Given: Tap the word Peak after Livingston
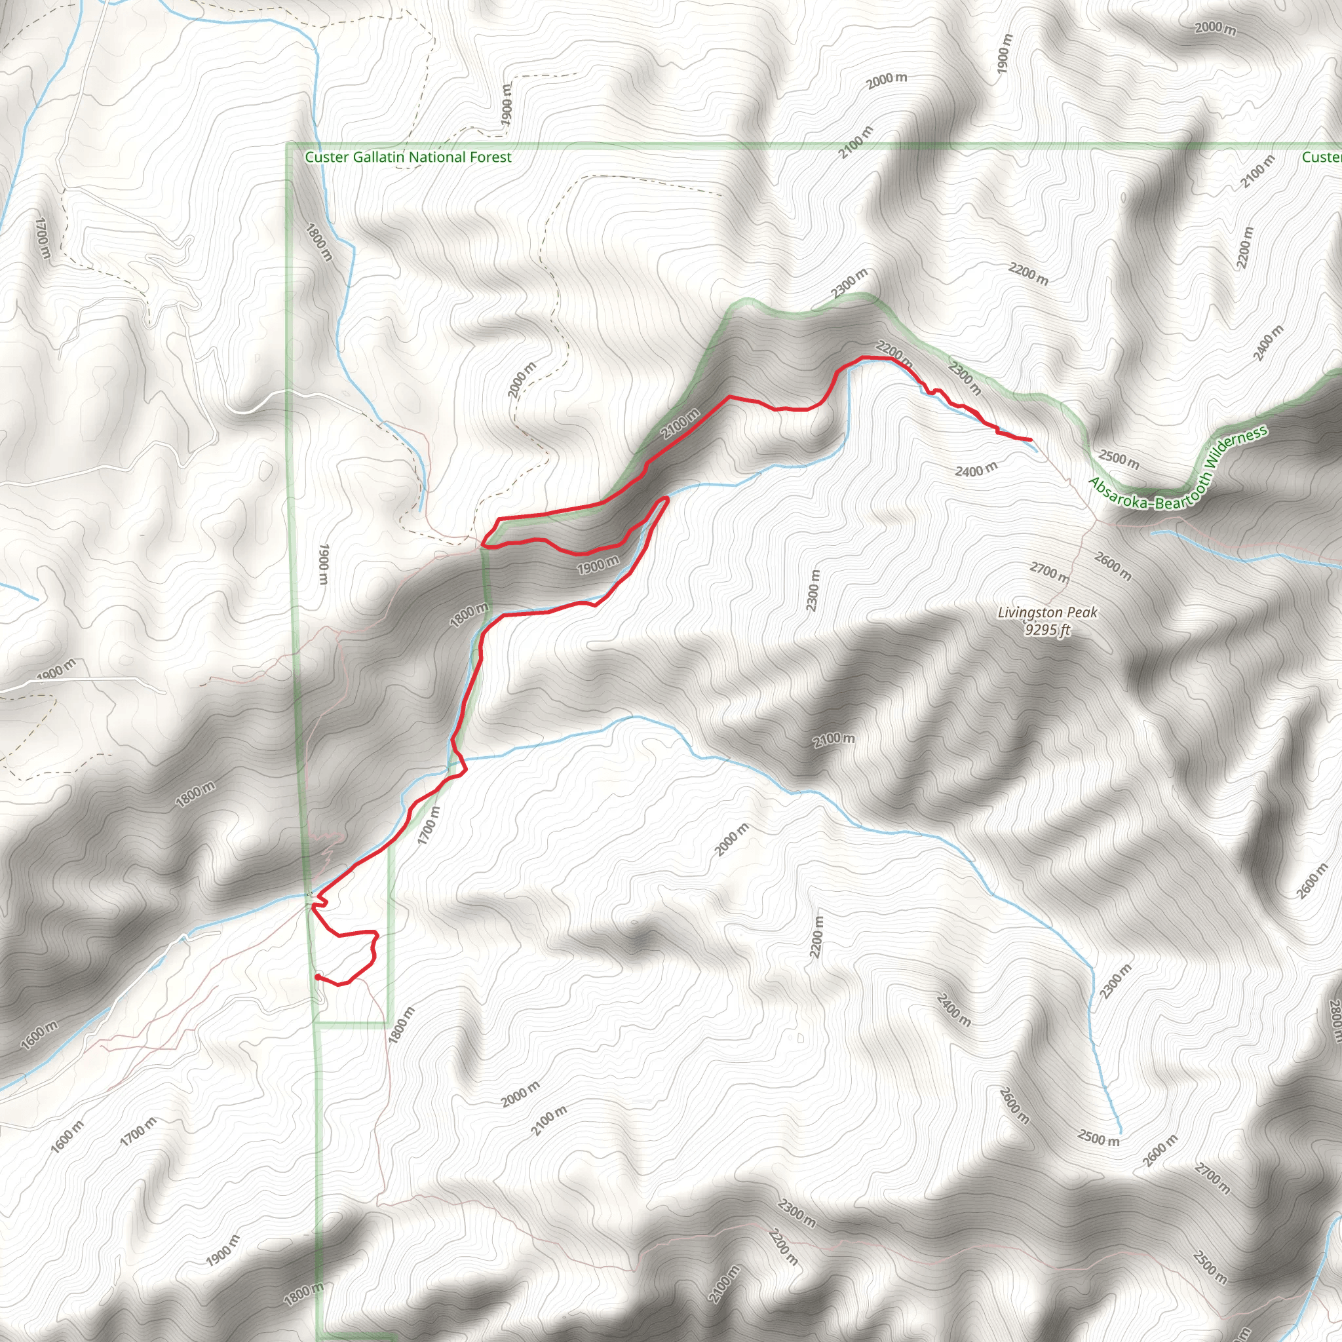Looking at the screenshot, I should pos(1084,613).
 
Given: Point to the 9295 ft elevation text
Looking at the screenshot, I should pos(1048,630).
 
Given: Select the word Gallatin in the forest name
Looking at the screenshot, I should pos(379,158).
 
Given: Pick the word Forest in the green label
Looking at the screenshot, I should pos(491,158).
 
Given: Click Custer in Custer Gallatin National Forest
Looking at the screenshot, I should pos(326,158).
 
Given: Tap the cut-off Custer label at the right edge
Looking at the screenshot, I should pos(1322,158).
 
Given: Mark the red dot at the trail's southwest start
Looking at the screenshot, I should pos(317,976).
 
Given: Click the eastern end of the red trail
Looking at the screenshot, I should pos(1029,440).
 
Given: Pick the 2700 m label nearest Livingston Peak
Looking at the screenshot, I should pos(1050,573).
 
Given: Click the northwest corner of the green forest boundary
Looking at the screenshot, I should pos(288,145).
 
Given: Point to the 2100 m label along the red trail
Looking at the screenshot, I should pos(680,424).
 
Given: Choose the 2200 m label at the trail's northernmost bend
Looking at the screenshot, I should pos(894,351).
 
